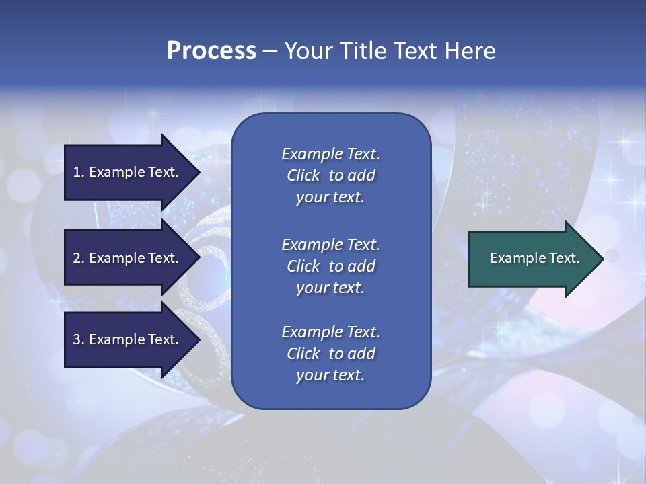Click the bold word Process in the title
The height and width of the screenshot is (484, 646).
tap(211, 51)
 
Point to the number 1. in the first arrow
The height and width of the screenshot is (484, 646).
tap(79, 172)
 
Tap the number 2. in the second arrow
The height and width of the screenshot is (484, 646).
tap(79, 258)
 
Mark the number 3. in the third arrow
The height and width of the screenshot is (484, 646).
tap(79, 339)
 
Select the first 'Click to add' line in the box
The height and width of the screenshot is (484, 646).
tap(330, 175)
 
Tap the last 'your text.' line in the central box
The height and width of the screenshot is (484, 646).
tap(330, 375)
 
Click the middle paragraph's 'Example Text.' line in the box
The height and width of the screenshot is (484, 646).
tap(330, 245)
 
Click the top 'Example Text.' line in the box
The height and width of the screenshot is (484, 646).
tap(330, 154)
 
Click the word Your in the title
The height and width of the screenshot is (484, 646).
tap(307, 51)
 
